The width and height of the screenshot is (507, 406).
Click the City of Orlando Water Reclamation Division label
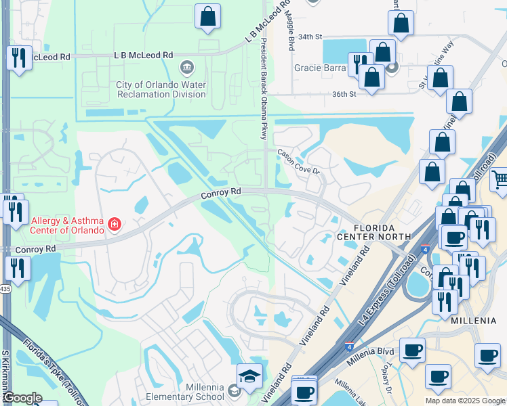161,89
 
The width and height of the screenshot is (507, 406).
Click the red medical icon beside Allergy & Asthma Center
115,224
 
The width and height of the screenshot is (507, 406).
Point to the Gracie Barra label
316,68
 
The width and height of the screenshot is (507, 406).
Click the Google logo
22,398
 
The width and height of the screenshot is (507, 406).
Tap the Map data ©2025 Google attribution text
465,401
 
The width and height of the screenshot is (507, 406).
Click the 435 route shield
5,289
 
